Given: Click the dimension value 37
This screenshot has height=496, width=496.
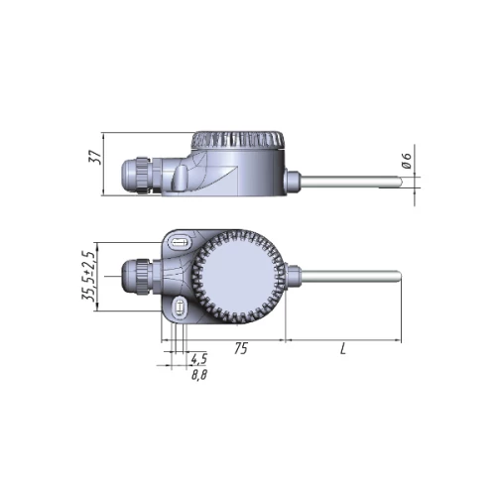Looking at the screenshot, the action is (x=94, y=157).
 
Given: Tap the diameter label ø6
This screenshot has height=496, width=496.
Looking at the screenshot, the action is (x=408, y=161).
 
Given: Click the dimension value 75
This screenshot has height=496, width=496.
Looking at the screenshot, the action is (x=241, y=348).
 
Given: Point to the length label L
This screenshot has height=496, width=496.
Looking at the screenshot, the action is (x=343, y=348).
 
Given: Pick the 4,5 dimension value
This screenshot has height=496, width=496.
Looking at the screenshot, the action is (x=198, y=358).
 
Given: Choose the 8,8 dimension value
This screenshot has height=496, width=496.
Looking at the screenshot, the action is (x=199, y=375).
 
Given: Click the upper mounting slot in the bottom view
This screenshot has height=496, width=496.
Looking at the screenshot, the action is (x=180, y=243).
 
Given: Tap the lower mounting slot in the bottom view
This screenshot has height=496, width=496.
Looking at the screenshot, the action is (x=180, y=308).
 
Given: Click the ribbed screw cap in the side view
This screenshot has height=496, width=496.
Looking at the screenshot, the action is (x=238, y=140).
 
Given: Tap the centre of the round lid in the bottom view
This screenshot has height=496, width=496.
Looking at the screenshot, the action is (x=237, y=277).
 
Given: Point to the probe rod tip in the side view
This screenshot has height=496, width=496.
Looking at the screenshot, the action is (x=400, y=182).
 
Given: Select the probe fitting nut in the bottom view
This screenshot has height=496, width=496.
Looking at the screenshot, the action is (x=293, y=276).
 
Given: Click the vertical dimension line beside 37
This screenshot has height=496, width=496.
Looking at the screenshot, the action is (x=103, y=164).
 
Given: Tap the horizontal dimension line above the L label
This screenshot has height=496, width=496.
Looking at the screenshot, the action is (x=343, y=339).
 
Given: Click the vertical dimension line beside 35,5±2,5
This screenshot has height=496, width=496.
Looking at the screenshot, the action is (x=97, y=277).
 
